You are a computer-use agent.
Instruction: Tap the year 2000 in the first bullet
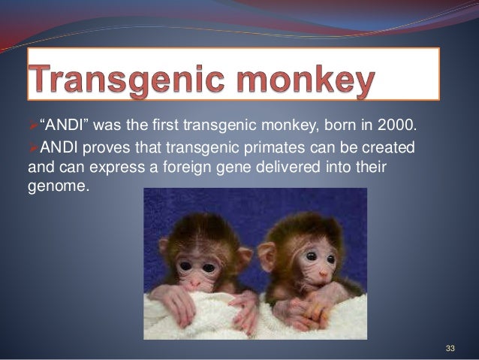point(395,124)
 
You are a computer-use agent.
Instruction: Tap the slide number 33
point(450,347)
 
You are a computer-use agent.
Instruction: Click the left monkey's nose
point(194,282)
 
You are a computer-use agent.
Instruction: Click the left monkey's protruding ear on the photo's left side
point(164,246)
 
